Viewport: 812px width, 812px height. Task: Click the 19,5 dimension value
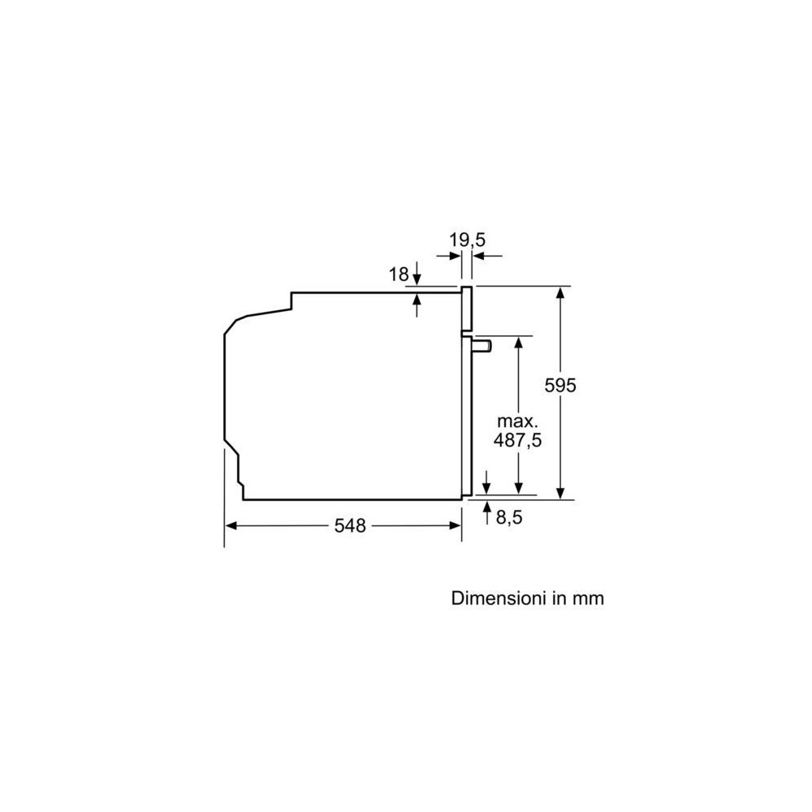467,240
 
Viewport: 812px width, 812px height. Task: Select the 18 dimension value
399,274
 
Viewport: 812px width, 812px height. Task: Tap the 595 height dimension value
560,385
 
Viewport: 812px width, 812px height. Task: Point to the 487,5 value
517,440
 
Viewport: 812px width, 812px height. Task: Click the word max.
518,421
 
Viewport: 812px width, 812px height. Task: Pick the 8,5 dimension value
509,517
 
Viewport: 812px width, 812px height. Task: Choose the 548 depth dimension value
350,525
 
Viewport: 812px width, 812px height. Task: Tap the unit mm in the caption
588,599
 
